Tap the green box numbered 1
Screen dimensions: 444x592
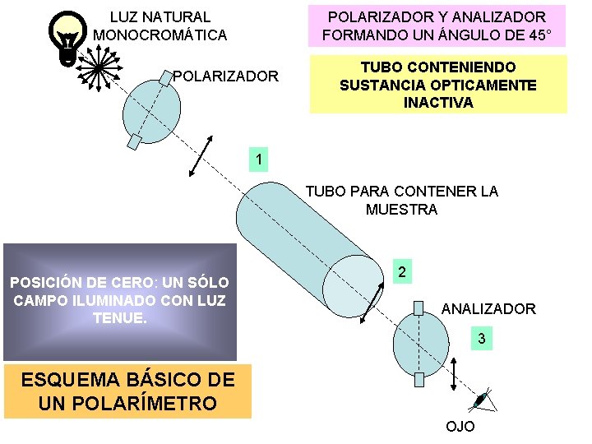pyautogui.click(x=259, y=160)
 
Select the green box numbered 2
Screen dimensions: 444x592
pyautogui.click(x=400, y=272)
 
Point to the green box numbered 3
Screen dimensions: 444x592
pyautogui.click(x=482, y=338)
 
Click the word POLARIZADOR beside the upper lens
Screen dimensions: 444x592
pyautogui.click(x=225, y=76)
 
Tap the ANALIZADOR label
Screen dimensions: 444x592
pyautogui.click(x=488, y=308)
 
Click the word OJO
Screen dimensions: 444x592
pyautogui.click(x=460, y=427)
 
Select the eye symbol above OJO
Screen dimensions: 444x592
pyautogui.click(x=483, y=400)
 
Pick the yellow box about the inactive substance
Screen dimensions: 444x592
pyautogui.click(x=437, y=85)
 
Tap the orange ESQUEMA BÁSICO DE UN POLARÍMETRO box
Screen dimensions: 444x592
pyautogui.click(x=127, y=391)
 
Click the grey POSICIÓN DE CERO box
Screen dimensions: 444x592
pyautogui.click(x=119, y=301)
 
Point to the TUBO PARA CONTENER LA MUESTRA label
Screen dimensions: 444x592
pyautogui.click(x=401, y=201)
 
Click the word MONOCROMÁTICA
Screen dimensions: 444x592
pyautogui.click(x=160, y=35)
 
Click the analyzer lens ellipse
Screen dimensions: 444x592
pyautogui.click(x=420, y=344)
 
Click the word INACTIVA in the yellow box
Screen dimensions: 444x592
pyautogui.click(x=438, y=103)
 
